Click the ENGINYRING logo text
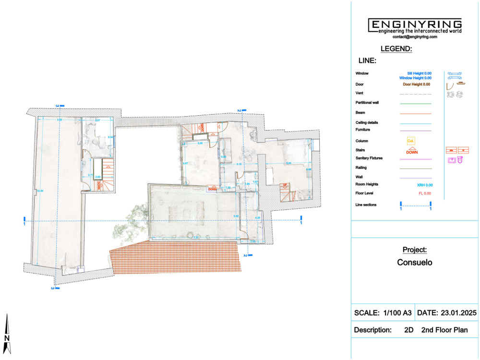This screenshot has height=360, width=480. (x=415, y=24)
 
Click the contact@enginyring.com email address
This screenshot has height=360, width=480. (x=415, y=36)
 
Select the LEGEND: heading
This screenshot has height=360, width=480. (x=396, y=49)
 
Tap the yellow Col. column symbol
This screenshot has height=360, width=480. (x=410, y=141)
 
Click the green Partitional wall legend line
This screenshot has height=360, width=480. (x=415, y=103)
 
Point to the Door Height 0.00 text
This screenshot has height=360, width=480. (x=416, y=84)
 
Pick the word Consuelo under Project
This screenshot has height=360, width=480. (x=415, y=263)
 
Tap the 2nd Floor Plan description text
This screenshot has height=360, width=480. (x=444, y=330)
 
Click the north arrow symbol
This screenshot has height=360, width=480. (x=7, y=334)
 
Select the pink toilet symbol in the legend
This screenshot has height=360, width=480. (x=460, y=160)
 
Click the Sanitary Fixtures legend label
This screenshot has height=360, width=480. (x=369, y=158)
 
